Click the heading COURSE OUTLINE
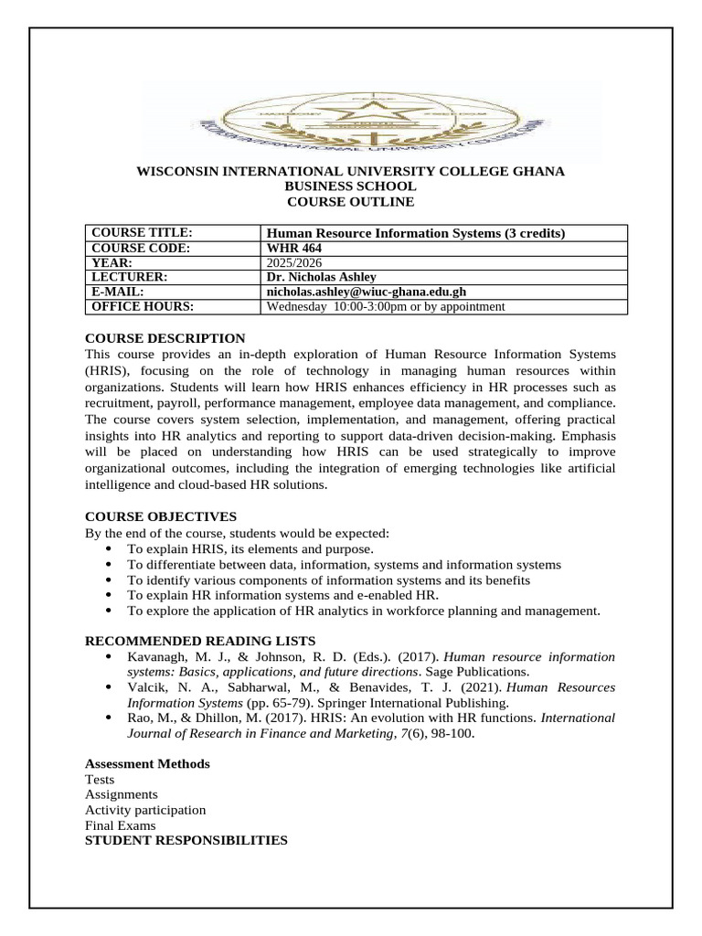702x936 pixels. click(x=350, y=201)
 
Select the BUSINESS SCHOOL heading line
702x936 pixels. click(x=350, y=186)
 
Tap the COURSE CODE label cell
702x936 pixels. click(x=141, y=248)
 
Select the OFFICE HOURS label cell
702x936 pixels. click(x=143, y=306)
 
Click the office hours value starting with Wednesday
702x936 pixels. click(x=385, y=306)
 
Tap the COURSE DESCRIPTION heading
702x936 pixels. click(x=165, y=338)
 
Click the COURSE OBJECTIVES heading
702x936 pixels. click(x=160, y=516)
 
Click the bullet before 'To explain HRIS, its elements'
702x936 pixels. click(x=109, y=548)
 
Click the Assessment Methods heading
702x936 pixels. click(x=147, y=763)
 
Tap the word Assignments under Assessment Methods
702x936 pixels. click(x=121, y=794)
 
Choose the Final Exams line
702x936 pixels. click(x=120, y=825)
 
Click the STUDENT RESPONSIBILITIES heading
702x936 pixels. click(x=186, y=840)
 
